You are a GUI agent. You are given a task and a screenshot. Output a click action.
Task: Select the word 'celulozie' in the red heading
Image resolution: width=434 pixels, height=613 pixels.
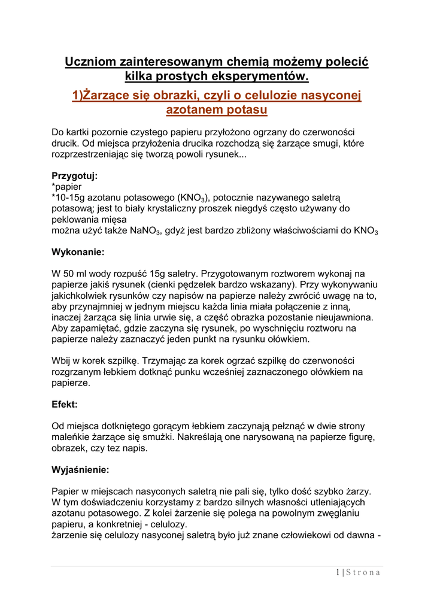[265, 96]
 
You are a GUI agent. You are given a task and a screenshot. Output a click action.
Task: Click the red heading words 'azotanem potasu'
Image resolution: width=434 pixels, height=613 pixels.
[216, 110]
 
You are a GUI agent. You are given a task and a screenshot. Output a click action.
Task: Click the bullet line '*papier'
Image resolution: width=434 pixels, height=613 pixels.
[66, 187]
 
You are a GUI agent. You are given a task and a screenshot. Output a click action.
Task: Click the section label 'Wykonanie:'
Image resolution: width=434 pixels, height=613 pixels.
[78, 252]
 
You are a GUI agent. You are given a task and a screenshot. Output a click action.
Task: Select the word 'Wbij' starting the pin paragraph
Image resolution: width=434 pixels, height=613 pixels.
[62, 361]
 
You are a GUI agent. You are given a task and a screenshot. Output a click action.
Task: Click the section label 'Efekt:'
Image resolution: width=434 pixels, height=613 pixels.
[65, 405]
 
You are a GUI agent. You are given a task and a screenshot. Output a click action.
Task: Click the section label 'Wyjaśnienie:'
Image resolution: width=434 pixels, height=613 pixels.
[81, 470]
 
